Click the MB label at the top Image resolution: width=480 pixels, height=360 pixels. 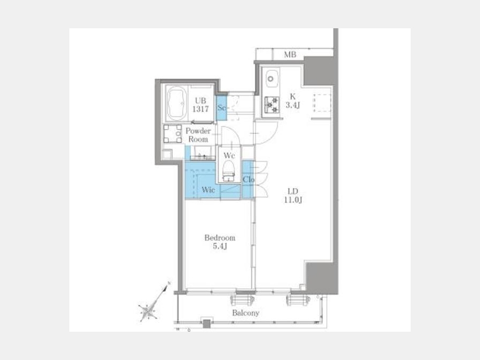click(x=290, y=54)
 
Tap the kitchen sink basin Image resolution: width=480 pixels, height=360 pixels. click(x=271, y=79)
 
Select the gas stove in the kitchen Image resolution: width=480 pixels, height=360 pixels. click(x=271, y=105)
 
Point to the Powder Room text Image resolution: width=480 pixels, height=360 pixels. click(x=198, y=135)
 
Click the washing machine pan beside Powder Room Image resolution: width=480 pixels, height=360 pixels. click(x=172, y=134)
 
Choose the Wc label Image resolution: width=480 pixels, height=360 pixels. click(x=229, y=155)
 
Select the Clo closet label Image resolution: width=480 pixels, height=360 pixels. click(x=249, y=180)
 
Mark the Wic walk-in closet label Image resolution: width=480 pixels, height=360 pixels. click(x=208, y=190)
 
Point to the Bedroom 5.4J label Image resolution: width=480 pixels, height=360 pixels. click(x=220, y=242)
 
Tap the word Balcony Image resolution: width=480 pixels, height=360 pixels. click(x=245, y=313)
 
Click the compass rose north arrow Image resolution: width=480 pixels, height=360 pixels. click(x=148, y=309)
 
